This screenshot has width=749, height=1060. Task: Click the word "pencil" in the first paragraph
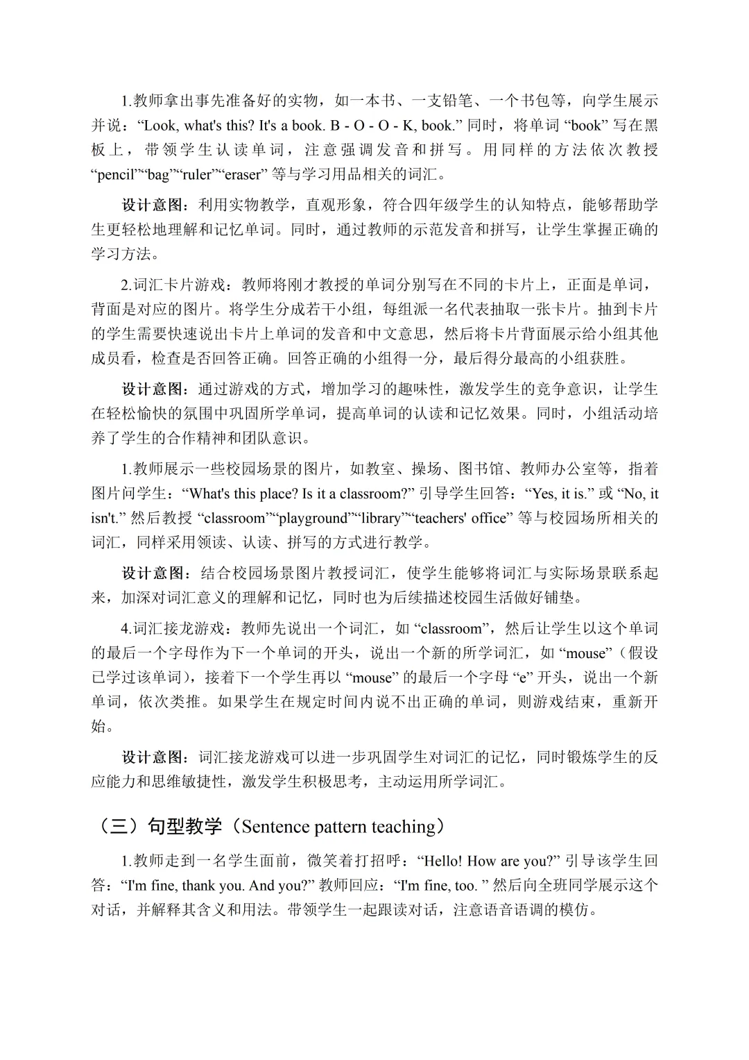point(114,174)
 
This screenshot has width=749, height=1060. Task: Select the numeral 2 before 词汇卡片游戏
point(126,285)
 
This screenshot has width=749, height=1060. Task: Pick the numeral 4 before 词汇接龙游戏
point(126,629)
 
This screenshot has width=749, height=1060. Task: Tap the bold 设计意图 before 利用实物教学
point(153,205)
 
